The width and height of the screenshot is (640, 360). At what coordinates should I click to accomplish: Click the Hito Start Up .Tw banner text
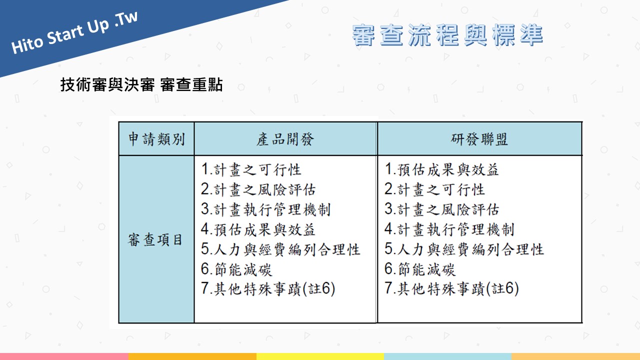(x=74, y=32)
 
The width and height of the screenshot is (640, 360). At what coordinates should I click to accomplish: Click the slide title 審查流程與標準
(x=447, y=35)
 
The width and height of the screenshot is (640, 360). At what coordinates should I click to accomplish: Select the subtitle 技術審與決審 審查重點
(x=141, y=85)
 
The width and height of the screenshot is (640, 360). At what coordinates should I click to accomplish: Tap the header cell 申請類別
(x=156, y=139)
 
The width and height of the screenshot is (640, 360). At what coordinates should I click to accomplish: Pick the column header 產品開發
(x=285, y=139)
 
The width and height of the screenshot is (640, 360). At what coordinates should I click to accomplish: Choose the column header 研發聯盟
(x=479, y=139)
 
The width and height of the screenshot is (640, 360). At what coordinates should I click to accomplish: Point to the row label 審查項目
(x=155, y=239)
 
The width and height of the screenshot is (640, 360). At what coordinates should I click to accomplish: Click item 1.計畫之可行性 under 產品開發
(x=251, y=169)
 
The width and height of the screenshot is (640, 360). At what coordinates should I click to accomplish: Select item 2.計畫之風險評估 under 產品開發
(x=258, y=189)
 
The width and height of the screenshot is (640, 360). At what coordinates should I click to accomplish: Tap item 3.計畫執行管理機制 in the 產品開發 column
(x=265, y=209)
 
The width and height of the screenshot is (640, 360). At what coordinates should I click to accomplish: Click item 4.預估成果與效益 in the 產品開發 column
(x=258, y=229)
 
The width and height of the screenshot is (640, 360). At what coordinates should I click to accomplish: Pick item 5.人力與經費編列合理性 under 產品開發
(x=280, y=249)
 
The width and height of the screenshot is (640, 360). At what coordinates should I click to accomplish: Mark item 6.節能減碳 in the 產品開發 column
(x=236, y=269)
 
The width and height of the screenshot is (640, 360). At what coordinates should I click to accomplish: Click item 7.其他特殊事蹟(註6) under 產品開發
(x=268, y=288)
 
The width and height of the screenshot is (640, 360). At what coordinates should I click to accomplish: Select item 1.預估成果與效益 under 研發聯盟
(x=441, y=169)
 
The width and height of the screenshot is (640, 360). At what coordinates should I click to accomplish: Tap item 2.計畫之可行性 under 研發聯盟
(x=434, y=189)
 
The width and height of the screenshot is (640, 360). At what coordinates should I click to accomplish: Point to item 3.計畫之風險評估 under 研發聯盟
(x=441, y=209)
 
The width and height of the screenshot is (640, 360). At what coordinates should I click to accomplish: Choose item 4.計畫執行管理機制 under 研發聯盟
(x=449, y=229)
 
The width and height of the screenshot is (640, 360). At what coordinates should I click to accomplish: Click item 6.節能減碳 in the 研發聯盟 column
(x=420, y=269)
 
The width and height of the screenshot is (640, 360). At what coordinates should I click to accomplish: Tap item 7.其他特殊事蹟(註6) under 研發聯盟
(x=451, y=288)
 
